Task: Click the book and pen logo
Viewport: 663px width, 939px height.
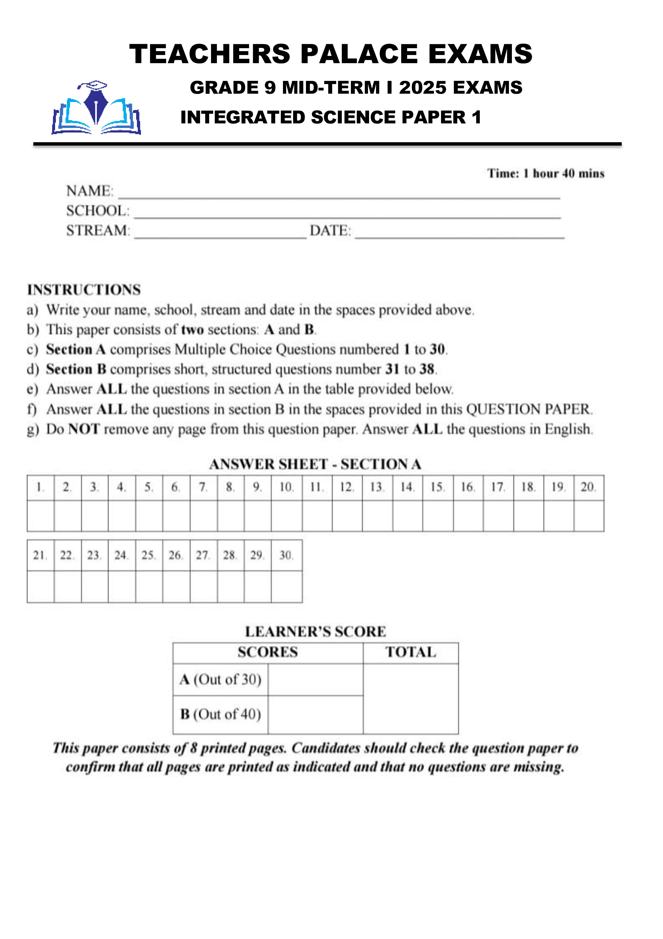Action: pyautogui.click(x=96, y=108)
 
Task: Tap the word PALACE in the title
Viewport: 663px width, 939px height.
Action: pyautogui.click(x=359, y=54)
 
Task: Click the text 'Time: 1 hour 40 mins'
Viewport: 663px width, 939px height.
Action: pyautogui.click(x=546, y=173)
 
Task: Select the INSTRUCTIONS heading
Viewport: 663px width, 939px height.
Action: pyautogui.click(x=84, y=290)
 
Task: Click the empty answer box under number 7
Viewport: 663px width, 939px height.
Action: pyautogui.click(x=204, y=516)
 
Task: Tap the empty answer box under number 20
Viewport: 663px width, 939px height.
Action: pyautogui.click(x=589, y=516)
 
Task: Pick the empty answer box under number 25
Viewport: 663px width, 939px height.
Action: pyautogui.click(x=149, y=586)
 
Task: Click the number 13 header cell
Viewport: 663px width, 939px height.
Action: pyautogui.click(x=377, y=487)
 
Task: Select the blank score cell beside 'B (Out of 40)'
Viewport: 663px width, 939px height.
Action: pyautogui.click(x=315, y=714)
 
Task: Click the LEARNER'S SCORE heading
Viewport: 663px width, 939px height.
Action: pyautogui.click(x=315, y=631)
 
